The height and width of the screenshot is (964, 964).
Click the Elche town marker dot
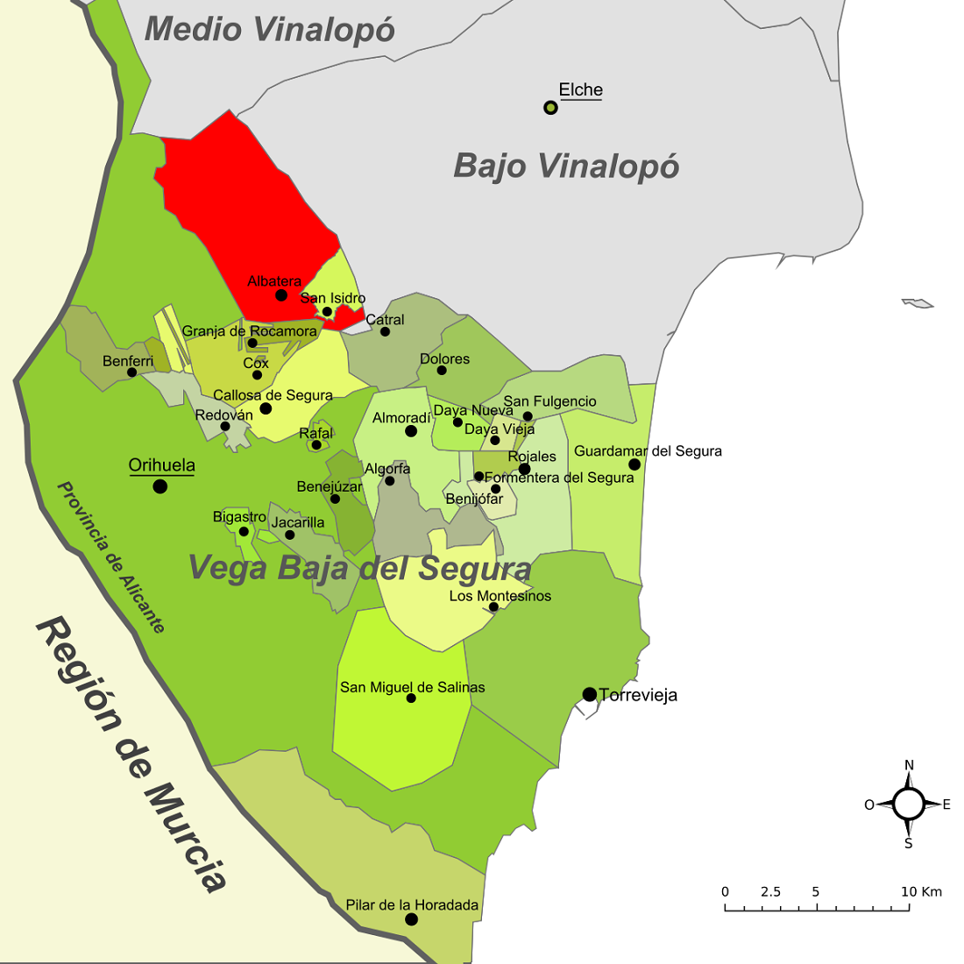550,108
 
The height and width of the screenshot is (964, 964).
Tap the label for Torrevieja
638,696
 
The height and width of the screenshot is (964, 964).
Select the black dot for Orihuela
159,486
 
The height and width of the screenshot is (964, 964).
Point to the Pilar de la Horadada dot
411,919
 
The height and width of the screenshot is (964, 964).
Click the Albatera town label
274,281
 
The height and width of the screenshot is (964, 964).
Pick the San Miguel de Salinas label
412,687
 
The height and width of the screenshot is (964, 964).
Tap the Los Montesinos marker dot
493,606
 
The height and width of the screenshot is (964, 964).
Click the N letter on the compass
909,765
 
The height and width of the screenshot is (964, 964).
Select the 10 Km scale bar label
921,892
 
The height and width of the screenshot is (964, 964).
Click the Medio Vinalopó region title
269,30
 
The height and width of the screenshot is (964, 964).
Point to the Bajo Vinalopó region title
566,166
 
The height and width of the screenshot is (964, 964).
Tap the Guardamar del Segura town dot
634,464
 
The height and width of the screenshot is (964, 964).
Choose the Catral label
385,319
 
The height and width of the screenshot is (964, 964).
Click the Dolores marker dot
442,370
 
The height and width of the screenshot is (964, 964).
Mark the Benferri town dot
131,372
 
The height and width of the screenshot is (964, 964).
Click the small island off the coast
918,303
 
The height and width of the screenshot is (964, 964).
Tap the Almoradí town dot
410,431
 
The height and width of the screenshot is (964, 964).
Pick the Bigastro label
239,517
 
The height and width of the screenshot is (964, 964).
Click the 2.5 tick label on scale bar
770,892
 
